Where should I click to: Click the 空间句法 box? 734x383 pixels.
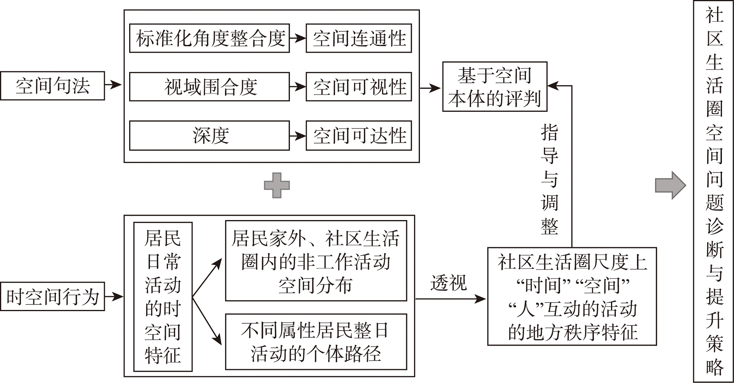[x=52, y=86]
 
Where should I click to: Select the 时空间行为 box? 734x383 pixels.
[x=52, y=296]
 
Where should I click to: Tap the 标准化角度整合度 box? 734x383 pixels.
[x=210, y=38]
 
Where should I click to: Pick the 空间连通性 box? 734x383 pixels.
[x=359, y=38]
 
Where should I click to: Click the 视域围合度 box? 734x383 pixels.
[x=210, y=87]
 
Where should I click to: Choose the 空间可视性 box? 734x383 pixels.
[x=359, y=87]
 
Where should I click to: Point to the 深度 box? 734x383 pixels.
[x=210, y=136]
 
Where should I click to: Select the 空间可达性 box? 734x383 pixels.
[x=359, y=136]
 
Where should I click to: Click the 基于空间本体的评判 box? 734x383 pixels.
[x=495, y=87]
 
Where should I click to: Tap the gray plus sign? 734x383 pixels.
[x=277, y=185]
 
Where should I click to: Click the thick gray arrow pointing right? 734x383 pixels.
[x=670, y=185]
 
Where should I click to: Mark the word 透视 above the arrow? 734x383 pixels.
[x=448, y=283]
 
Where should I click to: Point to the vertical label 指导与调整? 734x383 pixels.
[x=549, y=179]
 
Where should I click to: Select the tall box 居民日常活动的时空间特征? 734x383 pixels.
[x=163, y=297]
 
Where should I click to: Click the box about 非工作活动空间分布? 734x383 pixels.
[x=316, y=261]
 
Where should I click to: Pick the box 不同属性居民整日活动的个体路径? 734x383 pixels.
[x=316, y=342]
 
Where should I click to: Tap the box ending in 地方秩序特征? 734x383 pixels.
[x=572, y=296]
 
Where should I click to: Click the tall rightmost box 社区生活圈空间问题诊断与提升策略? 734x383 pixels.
[x=714, y=191]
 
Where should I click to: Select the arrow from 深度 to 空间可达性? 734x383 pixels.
[x=298, y=136]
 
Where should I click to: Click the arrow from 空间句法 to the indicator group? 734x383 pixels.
[x=113, y=85]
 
